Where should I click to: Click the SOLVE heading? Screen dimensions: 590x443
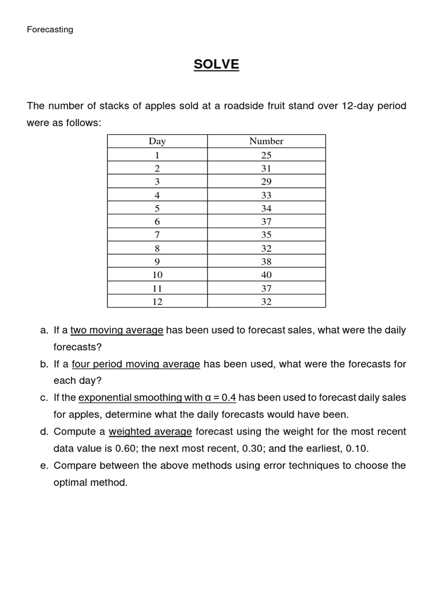216,65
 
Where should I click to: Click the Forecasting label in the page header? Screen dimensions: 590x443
50,29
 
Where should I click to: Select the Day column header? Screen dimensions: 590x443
157,141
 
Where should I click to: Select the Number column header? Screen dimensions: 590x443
266,141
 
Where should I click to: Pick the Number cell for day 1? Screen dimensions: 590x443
266,155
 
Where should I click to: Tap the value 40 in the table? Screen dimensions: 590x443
266,275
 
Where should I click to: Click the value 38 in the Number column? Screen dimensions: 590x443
266,262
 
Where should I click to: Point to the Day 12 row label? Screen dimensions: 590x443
157,301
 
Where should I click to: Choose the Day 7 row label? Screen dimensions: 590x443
157,235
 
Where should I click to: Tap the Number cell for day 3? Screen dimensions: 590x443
266,181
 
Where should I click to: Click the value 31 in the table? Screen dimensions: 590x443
266,168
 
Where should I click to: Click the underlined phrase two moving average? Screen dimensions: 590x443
117,331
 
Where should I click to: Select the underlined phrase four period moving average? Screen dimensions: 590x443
136,364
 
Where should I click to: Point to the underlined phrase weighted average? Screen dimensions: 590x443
150,432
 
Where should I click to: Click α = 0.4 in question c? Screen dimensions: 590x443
220,398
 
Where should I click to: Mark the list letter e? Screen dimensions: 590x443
44,466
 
